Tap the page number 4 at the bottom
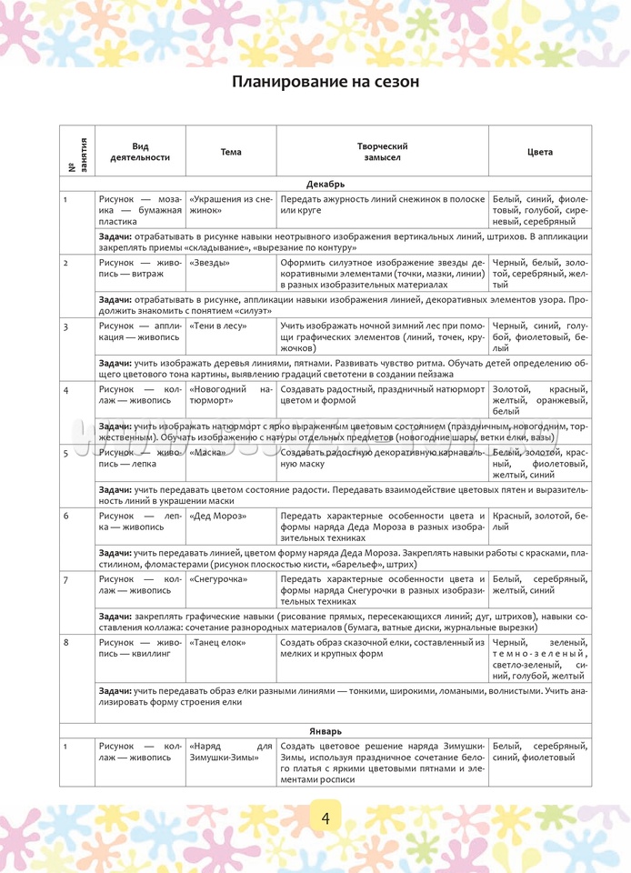[x=325, y=817]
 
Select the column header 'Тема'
[x=231, y=152]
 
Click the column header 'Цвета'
[x=539, y=152]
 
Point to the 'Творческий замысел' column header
[x=382, y=152]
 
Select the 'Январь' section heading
[x=325, y=729]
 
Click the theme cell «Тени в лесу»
[x=217, y=326]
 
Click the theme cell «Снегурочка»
[x=221, y=578]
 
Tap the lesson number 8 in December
[x=66, y=642]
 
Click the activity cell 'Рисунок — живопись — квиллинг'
[x=140, y=647]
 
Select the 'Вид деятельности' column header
[x=140, y=152]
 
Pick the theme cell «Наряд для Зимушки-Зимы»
[x=231, y=750]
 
